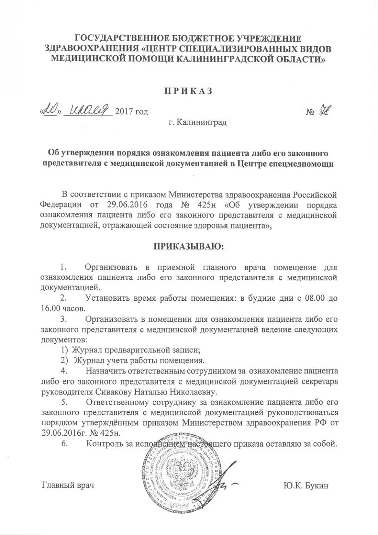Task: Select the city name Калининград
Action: [202, 123]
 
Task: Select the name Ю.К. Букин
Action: [305, 486]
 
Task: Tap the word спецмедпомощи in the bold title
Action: [308, 164]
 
